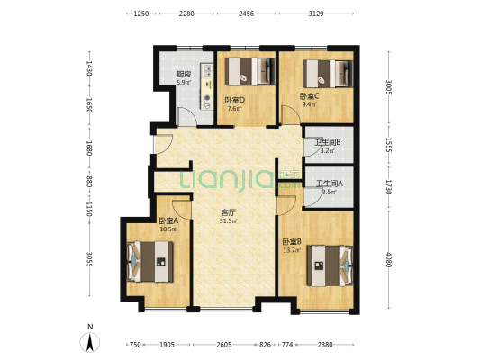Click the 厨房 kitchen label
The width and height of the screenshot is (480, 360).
(184, 74)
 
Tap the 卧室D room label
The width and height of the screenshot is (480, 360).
(235, 100)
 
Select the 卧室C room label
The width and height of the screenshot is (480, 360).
(309, 96)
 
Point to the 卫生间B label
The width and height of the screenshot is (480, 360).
(328, 142)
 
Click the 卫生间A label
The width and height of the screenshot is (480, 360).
(330, 184)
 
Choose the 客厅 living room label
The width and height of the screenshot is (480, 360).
(229, 213)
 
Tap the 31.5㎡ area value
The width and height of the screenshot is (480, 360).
(229, 221)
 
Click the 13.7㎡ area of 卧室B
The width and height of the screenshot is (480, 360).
(292, 250)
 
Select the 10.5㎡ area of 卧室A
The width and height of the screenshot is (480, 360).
(168, 229)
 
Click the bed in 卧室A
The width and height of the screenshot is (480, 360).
(150, 262)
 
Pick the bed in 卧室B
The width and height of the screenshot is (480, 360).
(330, 265)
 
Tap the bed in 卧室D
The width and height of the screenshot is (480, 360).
(249, 71)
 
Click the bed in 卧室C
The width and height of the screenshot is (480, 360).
(328, 74)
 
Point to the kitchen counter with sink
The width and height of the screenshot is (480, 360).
(206, 86)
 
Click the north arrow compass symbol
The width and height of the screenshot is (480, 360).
(90, 342)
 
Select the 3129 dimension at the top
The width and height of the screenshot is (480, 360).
(316, 13)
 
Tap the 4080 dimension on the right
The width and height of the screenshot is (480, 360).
(388, 259)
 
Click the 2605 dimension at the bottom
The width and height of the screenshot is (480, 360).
(223, 345)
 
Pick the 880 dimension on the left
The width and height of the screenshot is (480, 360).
(89, 182)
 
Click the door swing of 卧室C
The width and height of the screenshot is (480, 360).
(291, 114)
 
